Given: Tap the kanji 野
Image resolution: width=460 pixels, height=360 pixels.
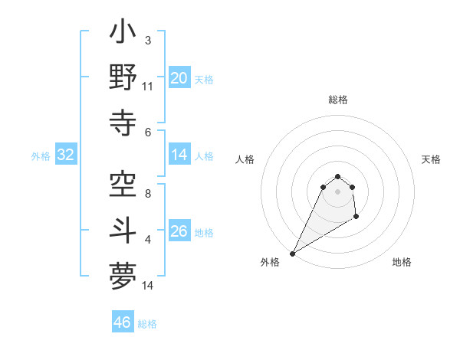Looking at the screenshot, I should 123,77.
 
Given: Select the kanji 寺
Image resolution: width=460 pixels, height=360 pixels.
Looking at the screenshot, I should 123,120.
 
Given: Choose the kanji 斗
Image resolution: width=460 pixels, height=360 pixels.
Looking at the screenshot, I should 123,230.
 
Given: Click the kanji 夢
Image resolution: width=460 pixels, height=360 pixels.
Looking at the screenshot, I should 123,273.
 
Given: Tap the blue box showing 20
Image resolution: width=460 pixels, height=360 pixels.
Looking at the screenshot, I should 179,77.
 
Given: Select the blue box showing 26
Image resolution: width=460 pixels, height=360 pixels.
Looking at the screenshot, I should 179,231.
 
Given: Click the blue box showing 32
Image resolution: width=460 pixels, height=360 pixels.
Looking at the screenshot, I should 66,155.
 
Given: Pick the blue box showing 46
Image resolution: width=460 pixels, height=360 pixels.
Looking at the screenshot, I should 123,322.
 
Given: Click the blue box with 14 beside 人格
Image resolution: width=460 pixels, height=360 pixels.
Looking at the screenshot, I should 179,155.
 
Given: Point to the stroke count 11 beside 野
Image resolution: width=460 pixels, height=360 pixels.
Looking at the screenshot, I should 148,87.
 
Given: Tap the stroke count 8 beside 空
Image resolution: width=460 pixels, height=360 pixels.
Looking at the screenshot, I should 148,193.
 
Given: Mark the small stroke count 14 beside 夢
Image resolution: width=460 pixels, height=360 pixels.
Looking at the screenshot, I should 148,286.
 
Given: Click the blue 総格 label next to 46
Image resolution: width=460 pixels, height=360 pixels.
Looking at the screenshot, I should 148,324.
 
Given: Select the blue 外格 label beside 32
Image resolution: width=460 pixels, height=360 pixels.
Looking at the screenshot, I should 41,156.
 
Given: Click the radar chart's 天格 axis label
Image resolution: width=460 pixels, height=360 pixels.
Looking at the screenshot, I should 431,159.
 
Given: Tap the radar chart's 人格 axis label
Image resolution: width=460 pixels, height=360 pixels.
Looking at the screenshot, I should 245,159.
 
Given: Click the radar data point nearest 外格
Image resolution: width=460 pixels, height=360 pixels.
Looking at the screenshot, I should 292,254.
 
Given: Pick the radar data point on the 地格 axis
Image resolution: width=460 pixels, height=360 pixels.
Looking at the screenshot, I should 356,218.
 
